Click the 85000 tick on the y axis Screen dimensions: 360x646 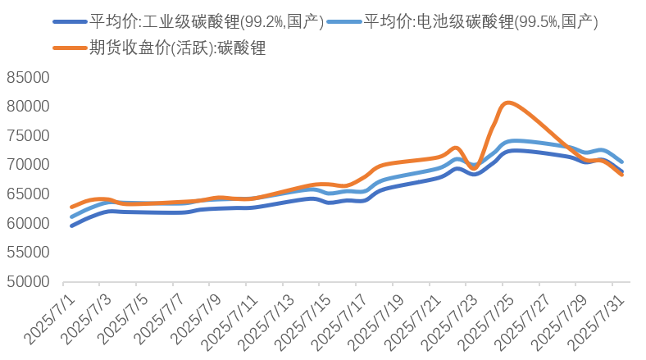(x=28, y=77)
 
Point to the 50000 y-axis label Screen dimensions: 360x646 (x=28, y=281)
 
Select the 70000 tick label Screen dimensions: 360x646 (x=28, y=165)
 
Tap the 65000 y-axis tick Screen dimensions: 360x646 (x=28, y=194)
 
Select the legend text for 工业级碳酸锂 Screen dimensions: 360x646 (x=206, y=22)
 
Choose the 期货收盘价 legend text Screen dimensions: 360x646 (x=176, y=48)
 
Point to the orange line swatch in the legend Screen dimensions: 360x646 (x=69, y=48)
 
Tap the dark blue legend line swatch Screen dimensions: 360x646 (x=69, y=22)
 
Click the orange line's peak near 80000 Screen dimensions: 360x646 (x=508, y=103)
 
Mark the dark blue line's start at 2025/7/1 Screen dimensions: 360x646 (x=72, y=226)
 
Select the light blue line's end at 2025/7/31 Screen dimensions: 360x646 (x=622, y=162)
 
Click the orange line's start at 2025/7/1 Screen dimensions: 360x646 (x=72, y=207)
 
